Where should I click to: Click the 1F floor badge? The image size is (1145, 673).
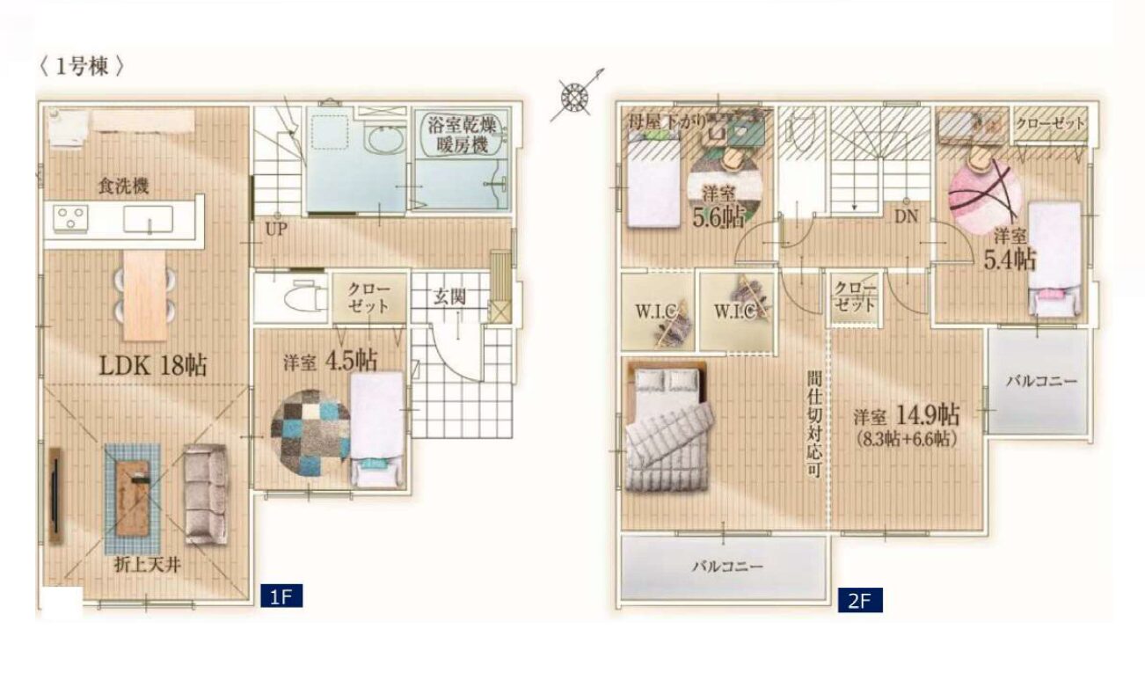point(281,596)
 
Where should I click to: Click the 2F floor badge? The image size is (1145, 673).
point(860,600)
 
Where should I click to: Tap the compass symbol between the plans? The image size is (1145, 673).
point(574,96)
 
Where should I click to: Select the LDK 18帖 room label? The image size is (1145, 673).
point(153,366)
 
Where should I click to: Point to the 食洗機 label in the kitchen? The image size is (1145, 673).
point(124,187)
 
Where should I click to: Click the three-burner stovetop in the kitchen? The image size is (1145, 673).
point(71,218)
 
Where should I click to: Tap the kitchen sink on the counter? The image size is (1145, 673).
point(149,220)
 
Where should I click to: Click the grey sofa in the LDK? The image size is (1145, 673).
point(206,494)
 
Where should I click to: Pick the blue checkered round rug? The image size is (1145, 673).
point(310,433)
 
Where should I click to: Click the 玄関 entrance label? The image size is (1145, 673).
point(449,296)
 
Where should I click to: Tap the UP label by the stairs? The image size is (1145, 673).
point(276,229)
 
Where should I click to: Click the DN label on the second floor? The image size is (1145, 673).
point(907,216)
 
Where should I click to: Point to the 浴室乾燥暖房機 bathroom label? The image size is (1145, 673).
point(462,135)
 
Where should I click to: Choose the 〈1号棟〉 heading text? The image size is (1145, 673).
point(82,67)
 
